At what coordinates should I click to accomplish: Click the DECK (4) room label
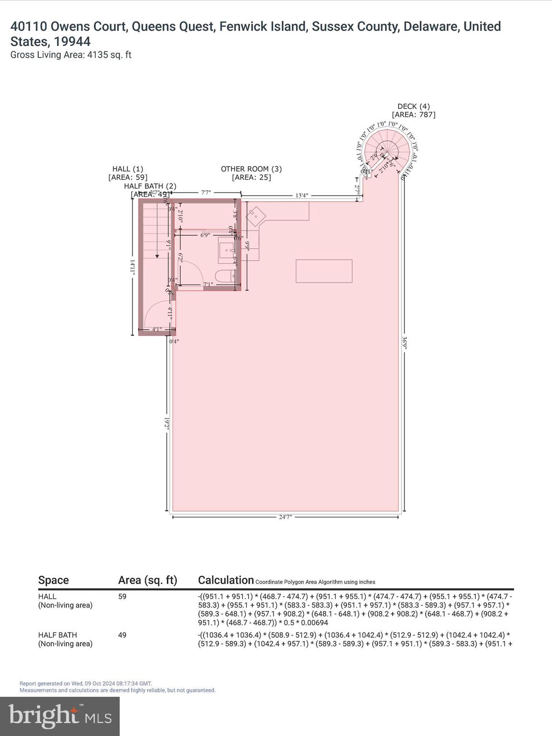tap(414, 106)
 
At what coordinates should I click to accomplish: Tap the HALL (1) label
tap(127, 169)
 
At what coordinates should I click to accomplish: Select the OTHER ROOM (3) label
tap(251, 169)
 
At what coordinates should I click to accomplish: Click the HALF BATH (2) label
tap(150, 186)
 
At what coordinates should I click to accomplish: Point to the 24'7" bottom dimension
tap(285, 517)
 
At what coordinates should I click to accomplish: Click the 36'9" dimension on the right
tap(405, 344)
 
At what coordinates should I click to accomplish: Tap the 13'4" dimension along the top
tap(301, 195)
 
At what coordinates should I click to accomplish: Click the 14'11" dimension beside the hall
tap(133, 267)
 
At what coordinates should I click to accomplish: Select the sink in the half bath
tap(226, 250)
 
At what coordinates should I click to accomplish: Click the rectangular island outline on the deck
tap(324, 271)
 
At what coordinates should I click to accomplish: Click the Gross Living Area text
tap(71, 55)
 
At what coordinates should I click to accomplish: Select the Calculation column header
tap(226, 580)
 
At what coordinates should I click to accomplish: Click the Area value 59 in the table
tap(123, 597)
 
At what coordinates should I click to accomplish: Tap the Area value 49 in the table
tap(123, 635)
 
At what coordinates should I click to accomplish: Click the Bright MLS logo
tap(60, 716)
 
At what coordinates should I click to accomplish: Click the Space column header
tap(53, 580)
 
